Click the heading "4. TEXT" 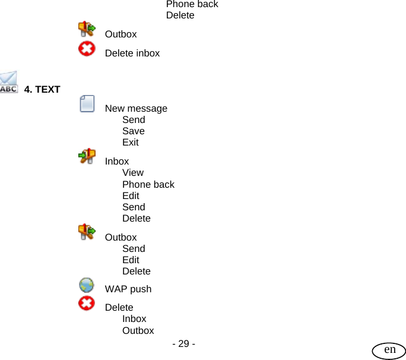[x=42, y=90]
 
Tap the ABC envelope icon [x=9, y=83]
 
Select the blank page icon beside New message [x=87, y=104]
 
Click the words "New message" [x=136, y=109]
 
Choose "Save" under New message [x=134, y=131]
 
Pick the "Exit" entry [x=131, y=143]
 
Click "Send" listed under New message [x=134, y=120]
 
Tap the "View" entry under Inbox [x=133, y=173]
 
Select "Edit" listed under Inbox [x=131, y=196]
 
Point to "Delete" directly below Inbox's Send [x=137, y=219]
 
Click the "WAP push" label [x=128, y=289]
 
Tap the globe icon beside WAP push [x=87, y=285]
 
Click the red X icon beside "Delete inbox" [x=87, y=49]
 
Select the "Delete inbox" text [x=132, y=53]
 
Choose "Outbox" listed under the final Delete [x=138, y=331]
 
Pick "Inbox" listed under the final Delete [x=134, y=319]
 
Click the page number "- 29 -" [x=183, y=344]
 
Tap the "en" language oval [x=389, y=350]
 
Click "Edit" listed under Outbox [x=131, y=260]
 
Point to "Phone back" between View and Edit [x=148, y=185]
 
